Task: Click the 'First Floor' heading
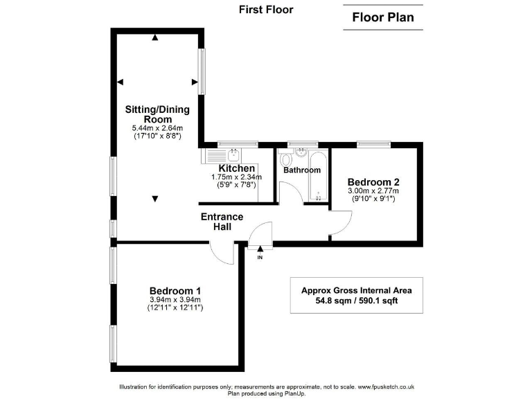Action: (x=266, y=10)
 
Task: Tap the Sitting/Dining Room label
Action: (x=157, y=114)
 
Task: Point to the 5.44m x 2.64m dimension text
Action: (x=157, y=129)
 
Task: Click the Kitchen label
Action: (x=237, y=168)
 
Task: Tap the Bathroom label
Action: (x=302, y=170)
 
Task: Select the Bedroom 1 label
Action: (x=175, y=290)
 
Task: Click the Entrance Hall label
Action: (x=222, y=222)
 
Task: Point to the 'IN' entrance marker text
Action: (x=260, y=258)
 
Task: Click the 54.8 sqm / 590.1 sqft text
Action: (x=357, y=301)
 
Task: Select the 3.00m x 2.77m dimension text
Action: (x=373, y=190)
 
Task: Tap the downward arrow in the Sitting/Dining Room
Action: (x=155, y=199)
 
